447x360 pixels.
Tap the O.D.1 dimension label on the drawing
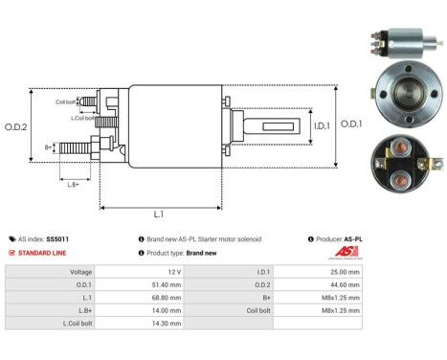coord(351,124)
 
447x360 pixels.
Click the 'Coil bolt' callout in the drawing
coord(66,101)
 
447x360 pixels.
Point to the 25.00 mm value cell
coord(344,271)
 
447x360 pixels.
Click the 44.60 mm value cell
coord(344,283)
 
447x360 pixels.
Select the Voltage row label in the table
coord(80,271)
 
